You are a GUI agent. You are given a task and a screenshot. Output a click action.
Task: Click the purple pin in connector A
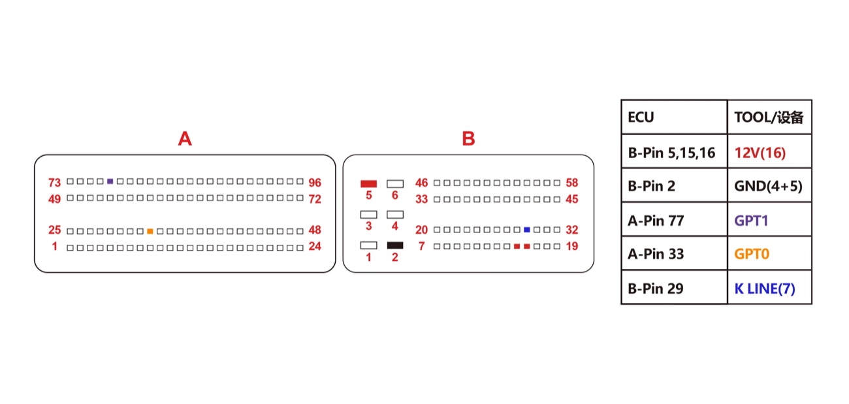coord(110,181)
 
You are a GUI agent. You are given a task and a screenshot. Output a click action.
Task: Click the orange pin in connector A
coord(150,231)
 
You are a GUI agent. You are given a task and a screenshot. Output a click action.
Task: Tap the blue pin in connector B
coord(527,230)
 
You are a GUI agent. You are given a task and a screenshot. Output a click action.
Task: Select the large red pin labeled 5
coord(368,184)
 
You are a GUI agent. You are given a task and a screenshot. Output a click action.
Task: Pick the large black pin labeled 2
coord(395,245)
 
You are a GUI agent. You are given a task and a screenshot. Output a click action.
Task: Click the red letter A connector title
coord(185,138)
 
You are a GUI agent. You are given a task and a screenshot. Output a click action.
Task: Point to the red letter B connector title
coord(468,138)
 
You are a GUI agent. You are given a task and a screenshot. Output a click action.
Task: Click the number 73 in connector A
coord(55,183)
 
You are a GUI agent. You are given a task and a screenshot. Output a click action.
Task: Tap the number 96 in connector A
coord(315,183)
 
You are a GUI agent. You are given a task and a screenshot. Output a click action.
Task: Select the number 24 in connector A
coord(315,247)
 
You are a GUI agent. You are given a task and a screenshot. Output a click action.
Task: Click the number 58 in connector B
coord(572,183)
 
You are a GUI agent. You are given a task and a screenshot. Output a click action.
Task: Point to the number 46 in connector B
coord(421,183)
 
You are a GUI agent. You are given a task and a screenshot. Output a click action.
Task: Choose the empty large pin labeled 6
coord(395,184)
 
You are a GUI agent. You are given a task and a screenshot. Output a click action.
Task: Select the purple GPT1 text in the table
coord(751,221)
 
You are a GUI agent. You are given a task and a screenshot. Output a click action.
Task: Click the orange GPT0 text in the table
coord(752,254)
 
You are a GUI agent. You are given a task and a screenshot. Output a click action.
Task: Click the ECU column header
coord(641,117)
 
